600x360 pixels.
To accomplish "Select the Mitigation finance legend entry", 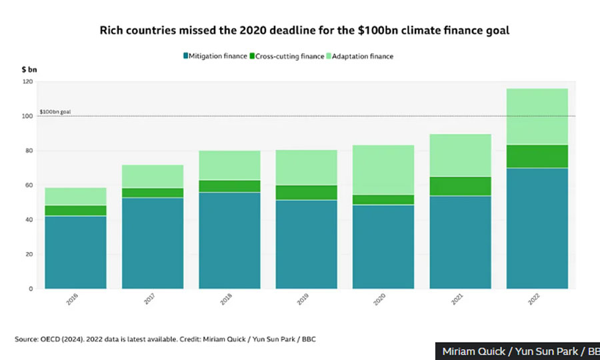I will click(215, 56).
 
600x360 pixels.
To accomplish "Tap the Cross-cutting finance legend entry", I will click(287, 56).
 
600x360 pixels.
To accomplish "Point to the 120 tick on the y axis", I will click(27, 81).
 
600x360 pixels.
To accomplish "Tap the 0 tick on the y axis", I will click(31, 289).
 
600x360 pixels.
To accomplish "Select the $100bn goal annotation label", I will click(55, 112).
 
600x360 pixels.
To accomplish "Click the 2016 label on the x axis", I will click(72, 300).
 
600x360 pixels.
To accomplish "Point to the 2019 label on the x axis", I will click(303, 300).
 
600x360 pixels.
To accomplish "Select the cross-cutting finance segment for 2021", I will click(460, 186).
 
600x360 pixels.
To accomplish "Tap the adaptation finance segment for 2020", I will click(383, 170).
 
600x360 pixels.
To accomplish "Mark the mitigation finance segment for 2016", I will click(76, 252).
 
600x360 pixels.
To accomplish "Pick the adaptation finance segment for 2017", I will click(153, 176).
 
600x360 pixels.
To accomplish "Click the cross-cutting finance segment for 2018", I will click(229, 186).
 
